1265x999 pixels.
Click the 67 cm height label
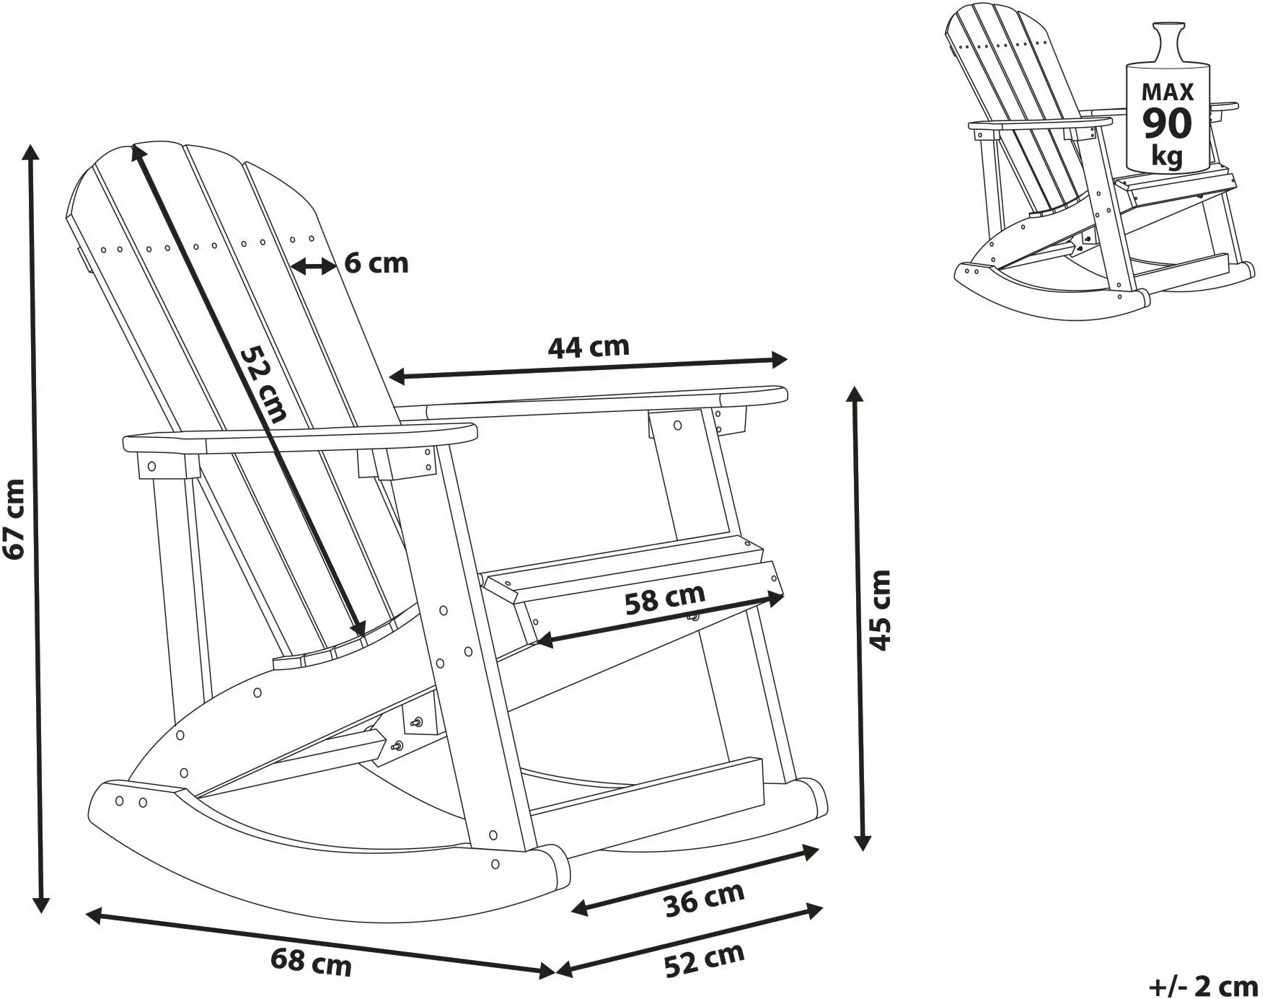click(x=15, y=519)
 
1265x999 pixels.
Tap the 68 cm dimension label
click(x=311, y=962)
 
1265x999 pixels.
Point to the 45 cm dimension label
click(x=881, y=610)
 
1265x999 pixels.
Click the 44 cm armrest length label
click(x=589, y=348)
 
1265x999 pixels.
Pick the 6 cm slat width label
click(x=376, y=264)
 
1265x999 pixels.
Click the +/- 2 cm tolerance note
click(x=1203, y=985)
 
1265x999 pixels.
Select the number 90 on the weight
click(x=1168, y=123)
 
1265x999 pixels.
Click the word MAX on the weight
click(x=1168, y=92)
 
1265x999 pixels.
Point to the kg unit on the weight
click(x=1167, y=156)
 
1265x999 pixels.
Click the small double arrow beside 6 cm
click(x=314, y=266)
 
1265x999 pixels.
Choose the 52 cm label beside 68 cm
click(x=704, y=960)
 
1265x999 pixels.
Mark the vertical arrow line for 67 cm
click(x=35, y=528)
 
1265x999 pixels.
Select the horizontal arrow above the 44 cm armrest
click(x=589, y=367)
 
